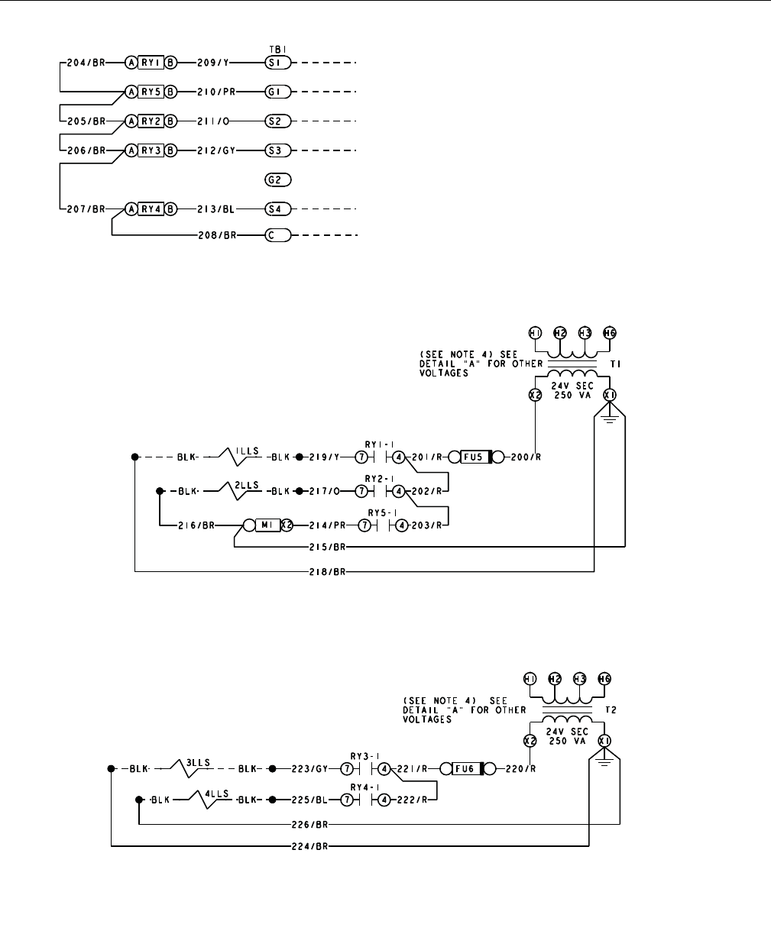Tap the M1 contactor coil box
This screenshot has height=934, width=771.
[x=264, y=526]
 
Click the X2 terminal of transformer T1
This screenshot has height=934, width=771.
[x=536, y=395]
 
